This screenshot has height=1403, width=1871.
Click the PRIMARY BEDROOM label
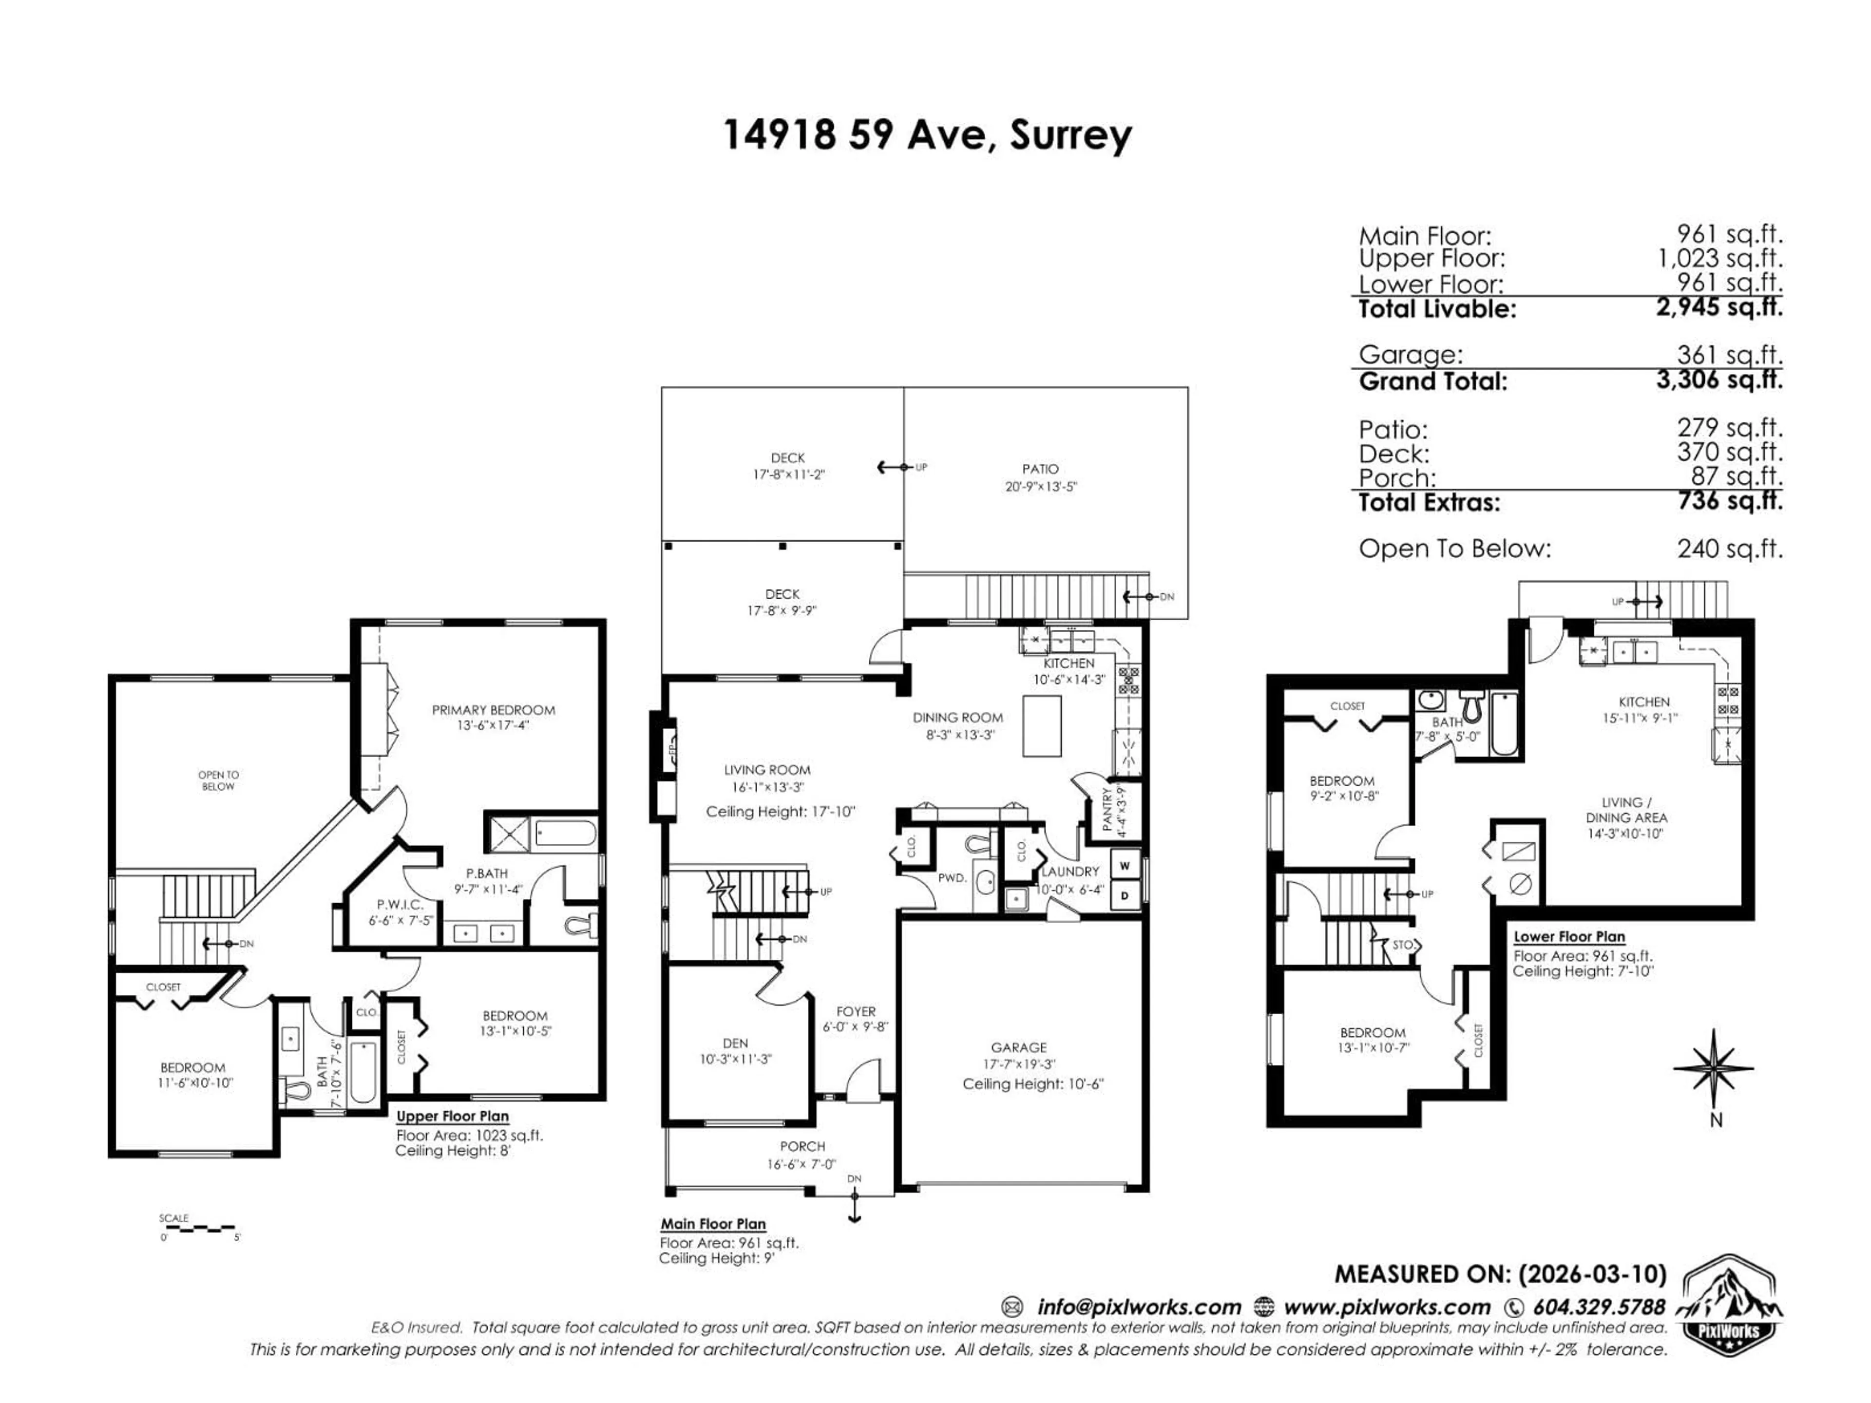click(x=493, y=709)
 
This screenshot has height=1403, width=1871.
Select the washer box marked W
click(x=1124, y=866)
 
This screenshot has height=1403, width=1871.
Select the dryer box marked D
click(x=1124, y=895)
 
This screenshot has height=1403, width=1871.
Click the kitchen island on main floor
click(x=1041, y=725)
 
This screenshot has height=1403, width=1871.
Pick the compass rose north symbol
click(x=1714, y=1069)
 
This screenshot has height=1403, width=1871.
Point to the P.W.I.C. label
click(x=400, y=904)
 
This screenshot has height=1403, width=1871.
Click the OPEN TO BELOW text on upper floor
click(x=218, y=780)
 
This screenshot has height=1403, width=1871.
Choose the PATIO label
click(x=1040, y=469)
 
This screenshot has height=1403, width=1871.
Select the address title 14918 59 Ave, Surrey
click(x=927, y=135)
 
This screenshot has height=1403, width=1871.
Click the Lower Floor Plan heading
click(x=1569, y=936)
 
